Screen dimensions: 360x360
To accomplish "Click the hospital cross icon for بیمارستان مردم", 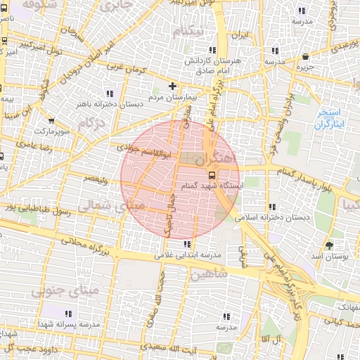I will [172, 86].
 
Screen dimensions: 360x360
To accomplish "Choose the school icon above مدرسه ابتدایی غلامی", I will [186, 244].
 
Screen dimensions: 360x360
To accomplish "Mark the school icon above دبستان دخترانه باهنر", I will [109, 93].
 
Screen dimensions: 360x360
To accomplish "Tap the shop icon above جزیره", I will [305, 57].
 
